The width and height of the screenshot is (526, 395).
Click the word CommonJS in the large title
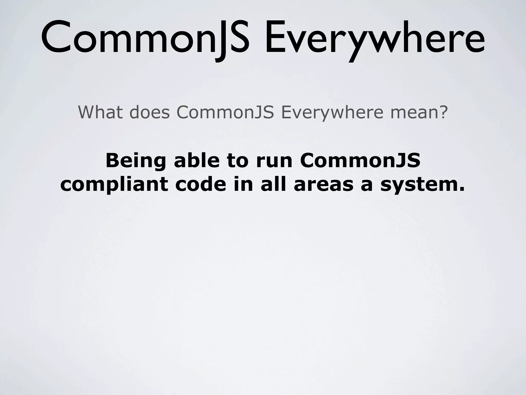pyautogui.click(x=145, y=39)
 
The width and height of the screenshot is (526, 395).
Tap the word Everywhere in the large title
pyautogui.click(x=375, y=39)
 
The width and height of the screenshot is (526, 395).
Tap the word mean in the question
pyautogui.click(x=414, y=113)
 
